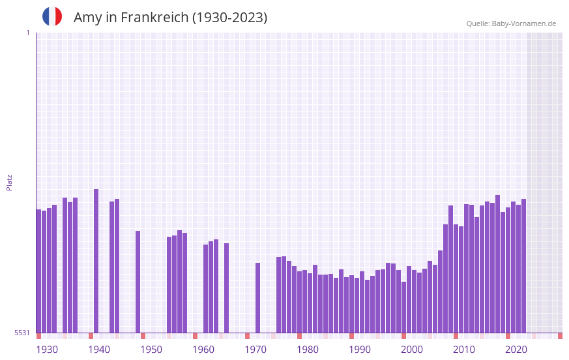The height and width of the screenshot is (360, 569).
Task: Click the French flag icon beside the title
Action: pos(52,16)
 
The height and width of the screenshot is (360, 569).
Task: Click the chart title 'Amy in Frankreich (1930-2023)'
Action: pos(170,18)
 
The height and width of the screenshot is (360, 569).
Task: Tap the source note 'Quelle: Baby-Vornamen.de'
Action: pos(511,23)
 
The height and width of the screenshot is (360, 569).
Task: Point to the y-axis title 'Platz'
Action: pos(9,182)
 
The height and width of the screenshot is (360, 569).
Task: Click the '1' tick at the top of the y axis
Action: pos(27,33)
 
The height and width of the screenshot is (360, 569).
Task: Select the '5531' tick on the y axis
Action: pos(22,333)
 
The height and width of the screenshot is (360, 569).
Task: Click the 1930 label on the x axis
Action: pos(47,350)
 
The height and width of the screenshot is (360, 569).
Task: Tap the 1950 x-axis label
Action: pos(151,350)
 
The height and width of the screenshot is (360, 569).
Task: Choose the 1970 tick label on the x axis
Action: pos(255,350)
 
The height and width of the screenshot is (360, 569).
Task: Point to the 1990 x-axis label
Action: pos(360,350)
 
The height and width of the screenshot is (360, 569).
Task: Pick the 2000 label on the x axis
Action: pos(412,350)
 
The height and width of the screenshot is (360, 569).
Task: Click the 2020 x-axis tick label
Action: pos(516,350)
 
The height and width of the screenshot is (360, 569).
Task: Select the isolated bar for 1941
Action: pos(96,261)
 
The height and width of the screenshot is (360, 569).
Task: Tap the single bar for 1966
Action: pos(227,288)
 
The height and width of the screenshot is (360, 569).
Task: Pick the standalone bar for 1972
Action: pos(258,297)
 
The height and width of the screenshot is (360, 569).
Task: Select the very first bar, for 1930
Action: pos(39,271)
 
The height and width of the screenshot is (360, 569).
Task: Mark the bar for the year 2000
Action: pos(404,307)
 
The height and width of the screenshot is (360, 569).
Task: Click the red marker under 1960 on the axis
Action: pos(195,336)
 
